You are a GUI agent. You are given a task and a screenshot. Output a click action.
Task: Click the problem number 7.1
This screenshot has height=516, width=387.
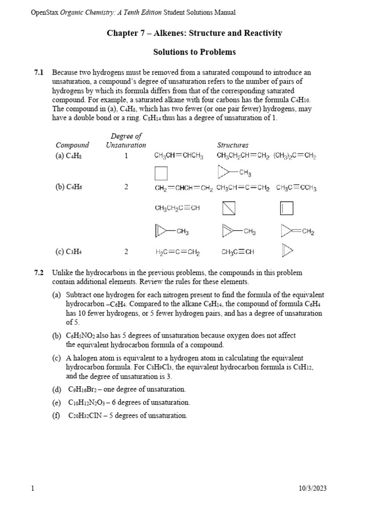pos(38,73)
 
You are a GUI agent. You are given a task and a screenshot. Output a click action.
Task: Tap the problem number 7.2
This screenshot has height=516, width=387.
pos(38,273)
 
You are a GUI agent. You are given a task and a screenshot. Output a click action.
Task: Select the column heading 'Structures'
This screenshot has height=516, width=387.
pos(232,145)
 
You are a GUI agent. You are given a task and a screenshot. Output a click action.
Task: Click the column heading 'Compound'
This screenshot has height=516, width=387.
pos(72,145)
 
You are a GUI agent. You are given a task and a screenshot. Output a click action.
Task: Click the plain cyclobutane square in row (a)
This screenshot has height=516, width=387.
pos(161,174)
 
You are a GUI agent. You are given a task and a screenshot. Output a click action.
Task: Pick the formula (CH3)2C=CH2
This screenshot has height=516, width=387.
pos(295,156)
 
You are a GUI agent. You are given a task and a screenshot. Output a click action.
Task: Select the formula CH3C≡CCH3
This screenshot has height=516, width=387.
pos(296,188)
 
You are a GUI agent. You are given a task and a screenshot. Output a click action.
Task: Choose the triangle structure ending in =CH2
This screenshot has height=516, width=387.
pos(298,232)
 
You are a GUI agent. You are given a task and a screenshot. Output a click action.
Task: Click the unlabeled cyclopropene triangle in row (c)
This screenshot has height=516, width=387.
pos(287,250)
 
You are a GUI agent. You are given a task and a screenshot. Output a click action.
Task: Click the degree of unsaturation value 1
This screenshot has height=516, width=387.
pos(126,156)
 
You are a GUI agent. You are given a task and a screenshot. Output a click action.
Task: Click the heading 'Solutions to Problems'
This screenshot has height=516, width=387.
pos(195,52)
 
